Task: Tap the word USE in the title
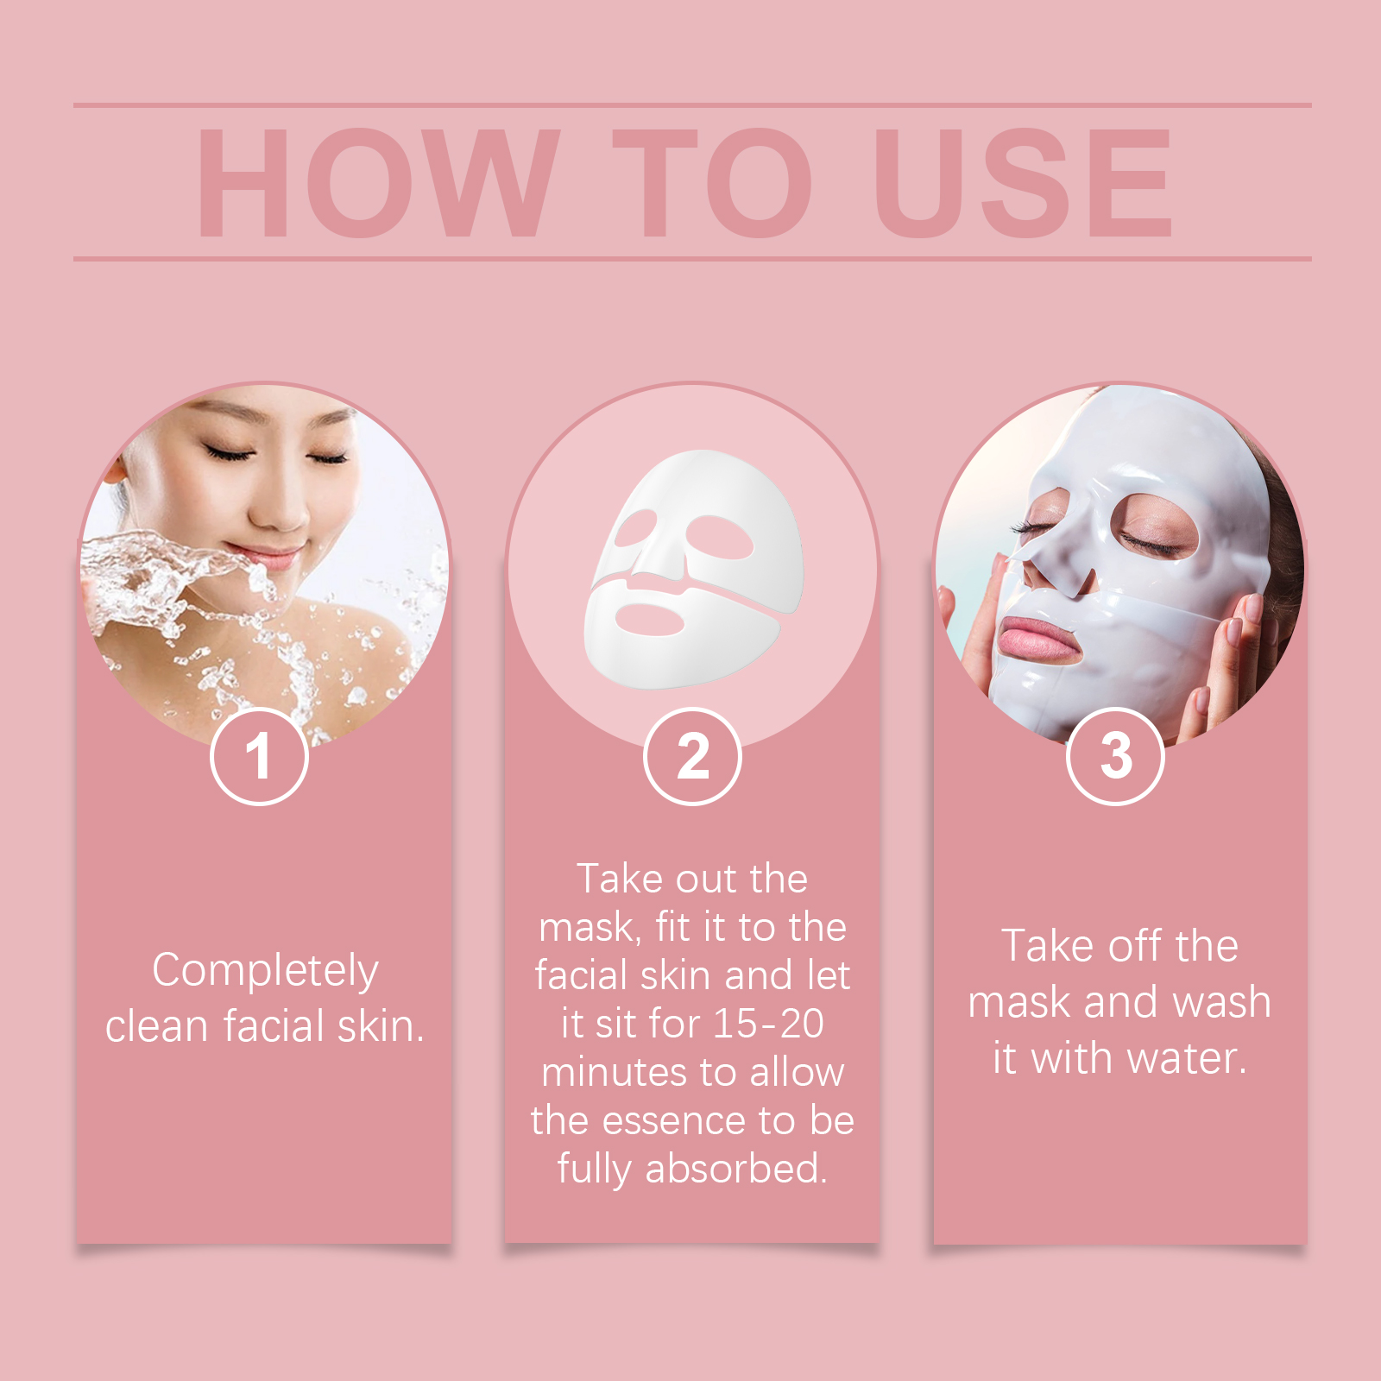point(1023,183)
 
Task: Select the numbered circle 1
point(259,756)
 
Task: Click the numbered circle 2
point(692,756)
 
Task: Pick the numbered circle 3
point(1115,756)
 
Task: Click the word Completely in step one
point(265,971)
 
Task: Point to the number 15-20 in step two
point(768,1024)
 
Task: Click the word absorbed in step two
point(735,1169)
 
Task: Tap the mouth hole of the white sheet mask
point(650,620)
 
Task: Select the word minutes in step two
point(616,1072)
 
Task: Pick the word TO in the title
point(712,183)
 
